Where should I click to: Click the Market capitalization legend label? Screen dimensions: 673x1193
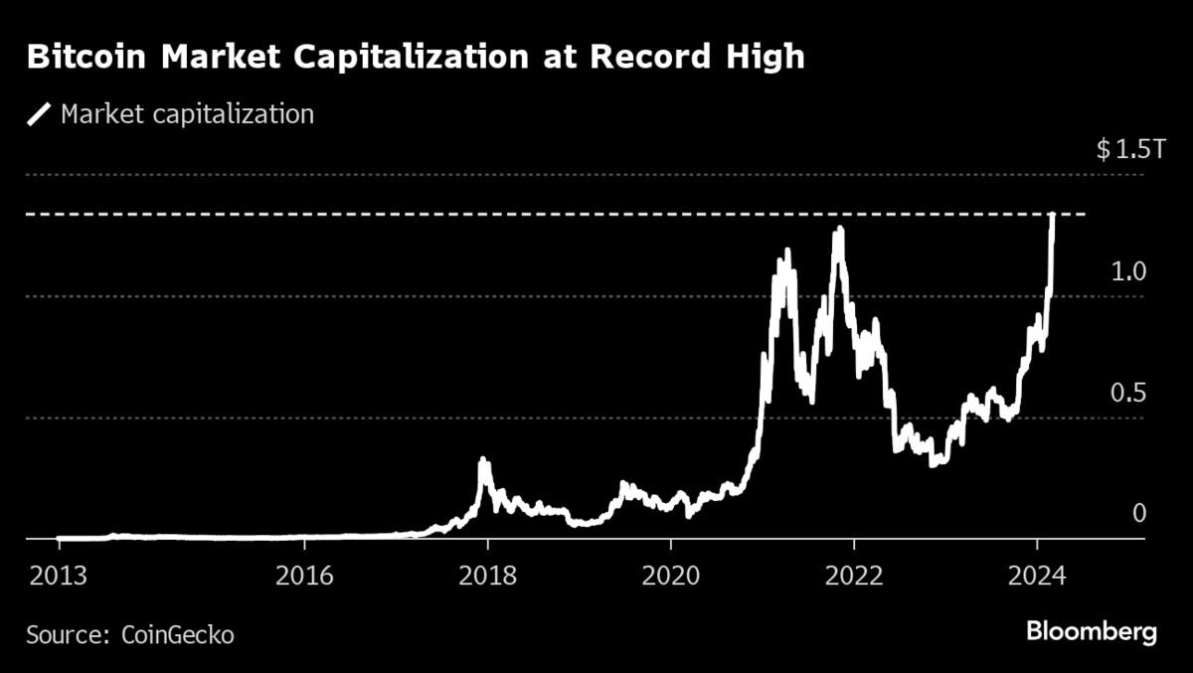click(187, 114)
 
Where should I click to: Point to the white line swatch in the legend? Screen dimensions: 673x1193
click(40, 114)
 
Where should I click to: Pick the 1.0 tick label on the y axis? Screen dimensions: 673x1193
click(1128, 271)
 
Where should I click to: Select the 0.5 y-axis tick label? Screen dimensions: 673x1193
click(1128, 393)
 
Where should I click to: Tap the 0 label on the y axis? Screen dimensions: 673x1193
click(1139, 513)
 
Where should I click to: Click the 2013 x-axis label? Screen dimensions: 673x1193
click(58, 576)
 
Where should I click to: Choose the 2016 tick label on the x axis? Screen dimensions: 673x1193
click(304, 576)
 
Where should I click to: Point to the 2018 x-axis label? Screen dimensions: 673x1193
click(488, 576)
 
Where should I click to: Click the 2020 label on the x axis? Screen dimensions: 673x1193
click(670, 576)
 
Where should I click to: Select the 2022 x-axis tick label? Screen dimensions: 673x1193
click(854, 576)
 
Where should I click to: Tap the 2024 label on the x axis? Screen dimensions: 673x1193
click(1037, 576)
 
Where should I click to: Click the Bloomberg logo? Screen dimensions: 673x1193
click(1091, 631)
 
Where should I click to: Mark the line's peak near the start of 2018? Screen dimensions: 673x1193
click(483, 460)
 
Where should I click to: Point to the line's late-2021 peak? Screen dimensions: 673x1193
click(840, 230)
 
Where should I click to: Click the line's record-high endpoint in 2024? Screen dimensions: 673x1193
click(1052, 215)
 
